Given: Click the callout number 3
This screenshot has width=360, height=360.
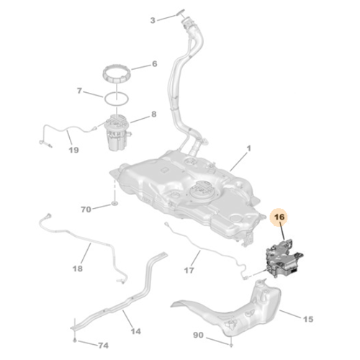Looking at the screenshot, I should [152, 19].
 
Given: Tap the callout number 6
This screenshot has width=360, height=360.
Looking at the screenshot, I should [153, 64].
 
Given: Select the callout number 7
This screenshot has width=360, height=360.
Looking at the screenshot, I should [80, 91].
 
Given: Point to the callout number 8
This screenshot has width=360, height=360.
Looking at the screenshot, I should [153, 114].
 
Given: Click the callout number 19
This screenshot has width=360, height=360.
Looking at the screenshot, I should [73, 150].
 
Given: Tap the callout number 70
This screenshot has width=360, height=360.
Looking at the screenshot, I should [86, 210].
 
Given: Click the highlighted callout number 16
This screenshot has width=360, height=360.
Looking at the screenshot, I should [279, 215].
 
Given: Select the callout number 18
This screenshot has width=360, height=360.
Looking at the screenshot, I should [78, 268].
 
